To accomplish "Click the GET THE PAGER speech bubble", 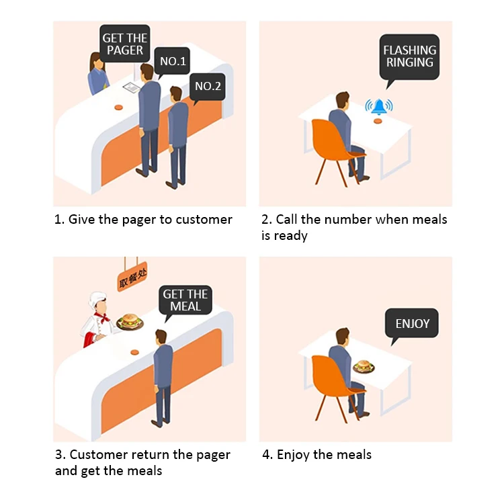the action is pos(124,44).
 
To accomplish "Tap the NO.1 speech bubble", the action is pos(173,62).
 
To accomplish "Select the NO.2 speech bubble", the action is pos(208,85).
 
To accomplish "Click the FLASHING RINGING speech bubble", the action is pos(409,56).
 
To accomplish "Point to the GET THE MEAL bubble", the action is pos(185,300).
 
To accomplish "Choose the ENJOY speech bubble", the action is pos(412,323).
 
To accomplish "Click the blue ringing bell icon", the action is pos(379,106).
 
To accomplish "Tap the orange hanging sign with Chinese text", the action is pos(132,278).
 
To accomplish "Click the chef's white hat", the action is pos(98,298).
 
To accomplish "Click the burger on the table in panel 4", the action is pos(364,366).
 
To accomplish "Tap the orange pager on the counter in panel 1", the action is pos(118,107).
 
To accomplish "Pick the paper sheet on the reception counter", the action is pos(131,88).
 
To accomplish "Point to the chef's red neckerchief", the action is pos(102,317).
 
